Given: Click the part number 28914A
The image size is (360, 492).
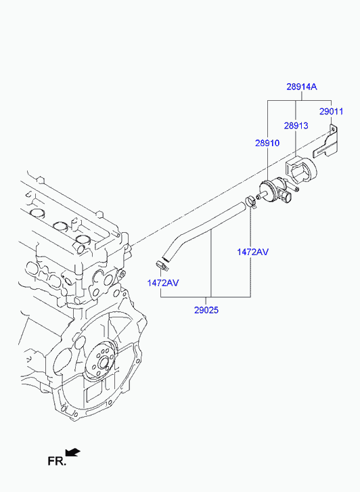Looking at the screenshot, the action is coord(302,87).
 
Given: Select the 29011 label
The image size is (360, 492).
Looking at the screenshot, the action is coord(331,112).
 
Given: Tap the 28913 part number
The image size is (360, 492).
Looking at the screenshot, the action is coord(296,125).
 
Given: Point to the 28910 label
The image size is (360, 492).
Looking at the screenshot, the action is coord(267,143).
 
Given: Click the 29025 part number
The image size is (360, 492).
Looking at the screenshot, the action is coord(206,310).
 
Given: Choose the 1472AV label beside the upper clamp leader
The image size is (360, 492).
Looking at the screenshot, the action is coord(252,252).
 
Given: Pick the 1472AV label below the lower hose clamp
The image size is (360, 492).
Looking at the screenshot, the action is coord(163,283).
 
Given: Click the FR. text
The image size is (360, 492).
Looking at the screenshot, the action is coord(57,461).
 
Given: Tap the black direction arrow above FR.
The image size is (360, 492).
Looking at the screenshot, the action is coord(73,452).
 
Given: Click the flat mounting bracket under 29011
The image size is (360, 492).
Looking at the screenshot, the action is coord(326,143).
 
